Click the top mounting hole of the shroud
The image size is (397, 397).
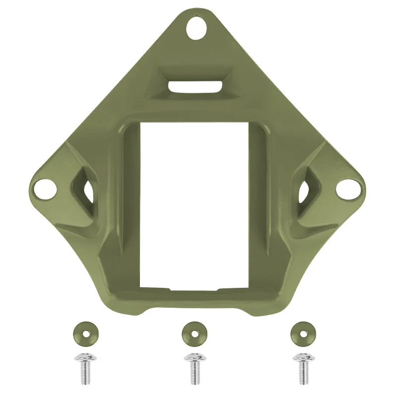198,29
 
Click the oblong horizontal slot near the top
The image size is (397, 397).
195,86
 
